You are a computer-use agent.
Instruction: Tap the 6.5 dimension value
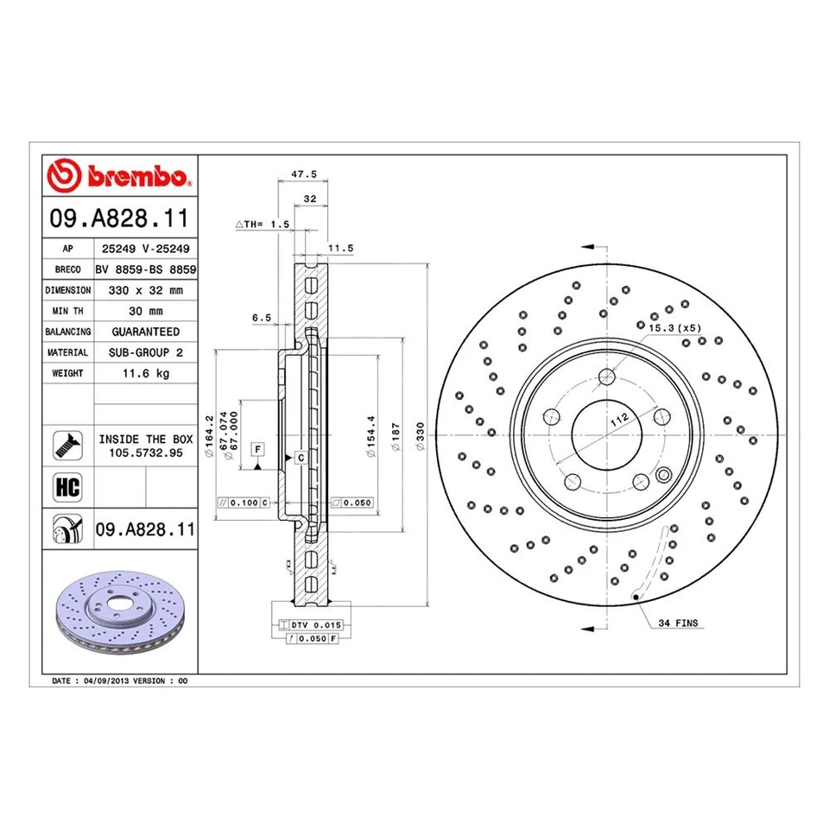[x=262, y=318]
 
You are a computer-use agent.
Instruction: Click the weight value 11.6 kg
[x=145, y=373]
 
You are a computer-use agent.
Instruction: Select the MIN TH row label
[x=67, y=311]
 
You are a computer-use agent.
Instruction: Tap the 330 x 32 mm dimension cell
[x=145, y=290]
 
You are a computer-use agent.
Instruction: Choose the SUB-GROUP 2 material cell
[x=145, y=352]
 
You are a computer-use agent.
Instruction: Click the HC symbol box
[x=67, y=486]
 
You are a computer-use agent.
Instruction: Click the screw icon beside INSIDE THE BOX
[x=67, y=445]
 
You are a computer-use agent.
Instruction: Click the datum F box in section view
[x=257, y=448]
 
